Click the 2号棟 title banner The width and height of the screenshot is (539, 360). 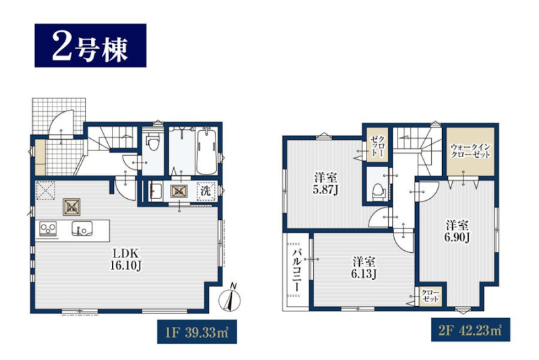90,45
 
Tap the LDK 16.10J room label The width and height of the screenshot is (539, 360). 125,260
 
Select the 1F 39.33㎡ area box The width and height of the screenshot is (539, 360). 197,332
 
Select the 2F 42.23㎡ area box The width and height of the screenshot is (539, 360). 470,330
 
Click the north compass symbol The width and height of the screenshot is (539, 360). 230,298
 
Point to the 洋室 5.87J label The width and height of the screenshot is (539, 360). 325,183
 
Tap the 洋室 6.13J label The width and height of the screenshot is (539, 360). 364,268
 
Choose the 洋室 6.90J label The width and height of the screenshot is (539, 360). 457,231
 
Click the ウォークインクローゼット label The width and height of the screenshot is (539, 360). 470,151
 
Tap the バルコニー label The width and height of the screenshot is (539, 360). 296,272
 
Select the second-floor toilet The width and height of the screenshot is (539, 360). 379,191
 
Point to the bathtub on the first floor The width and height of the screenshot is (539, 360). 206,151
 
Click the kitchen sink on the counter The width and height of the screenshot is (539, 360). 82,229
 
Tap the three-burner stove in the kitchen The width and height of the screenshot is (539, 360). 49,229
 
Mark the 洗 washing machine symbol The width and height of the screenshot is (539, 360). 205,191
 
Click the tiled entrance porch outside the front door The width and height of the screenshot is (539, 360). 59,117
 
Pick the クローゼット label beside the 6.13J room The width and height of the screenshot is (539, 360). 431,296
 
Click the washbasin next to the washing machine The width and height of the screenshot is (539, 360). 156,191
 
